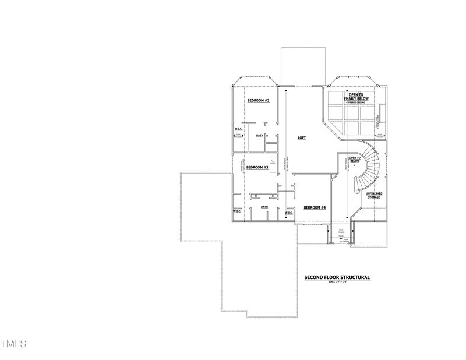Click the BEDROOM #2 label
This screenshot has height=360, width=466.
pyautogui.click(x=258, y=101)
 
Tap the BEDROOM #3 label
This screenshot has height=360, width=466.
pyautogui.click(x=257, y=167)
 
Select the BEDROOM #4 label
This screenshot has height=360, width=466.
pyautogui.click(x=315, y=207)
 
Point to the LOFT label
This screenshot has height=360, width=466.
pyautogui.click(x=302, y=138)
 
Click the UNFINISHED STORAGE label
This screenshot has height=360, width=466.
pyautogui.click(x=373, y=196)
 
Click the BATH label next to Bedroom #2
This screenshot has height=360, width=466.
pyautogui.click(x=260, y=136)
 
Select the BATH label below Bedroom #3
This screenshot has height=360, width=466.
pyautogui.click(x=264, y=207)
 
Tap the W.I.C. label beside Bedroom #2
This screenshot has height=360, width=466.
pyautogui.click(x=238, y=129)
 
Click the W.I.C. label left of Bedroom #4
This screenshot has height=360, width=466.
pyautogui.click(x=289, y=213)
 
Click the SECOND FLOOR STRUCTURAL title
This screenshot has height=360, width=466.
pyautogui.click(x=337, y=278)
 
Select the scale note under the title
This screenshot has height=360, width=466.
pyautogui.click(x=337, y=283)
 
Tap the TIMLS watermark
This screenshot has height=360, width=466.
pyautogui.click(x=13, y=344)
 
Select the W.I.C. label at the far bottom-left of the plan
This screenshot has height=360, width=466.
pyautogui.click(x=237, y=212)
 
